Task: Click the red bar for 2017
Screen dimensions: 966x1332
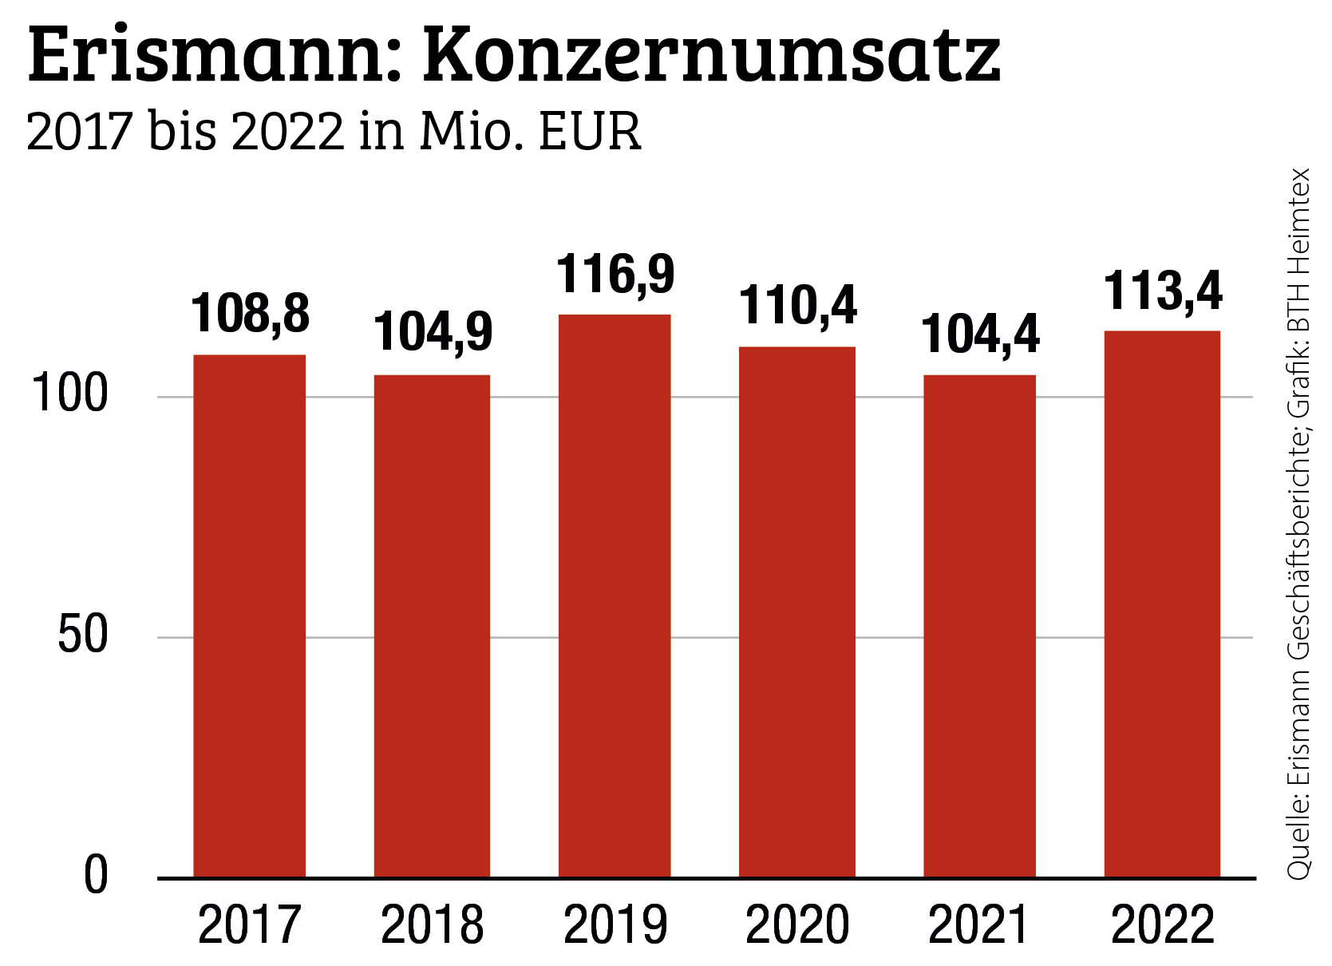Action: click(249, 615)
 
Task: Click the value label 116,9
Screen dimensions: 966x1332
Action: click(615, 275)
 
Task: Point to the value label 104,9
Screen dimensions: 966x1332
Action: click(433, 332)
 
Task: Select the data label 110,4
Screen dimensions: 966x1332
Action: click(797, 306)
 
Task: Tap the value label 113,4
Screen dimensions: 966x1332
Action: click(1163, 291)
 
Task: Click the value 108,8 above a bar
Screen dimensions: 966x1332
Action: click(250, 314)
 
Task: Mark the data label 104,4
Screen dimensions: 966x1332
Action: click(980, 335)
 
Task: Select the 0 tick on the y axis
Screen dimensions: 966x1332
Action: click(95, 875)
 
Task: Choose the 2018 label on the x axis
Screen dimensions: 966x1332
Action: click(432, 925)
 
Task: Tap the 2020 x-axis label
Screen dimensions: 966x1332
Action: click(797, 925)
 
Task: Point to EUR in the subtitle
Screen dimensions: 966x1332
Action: click(590, 133)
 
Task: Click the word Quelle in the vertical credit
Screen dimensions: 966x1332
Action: click(1299, 848)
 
